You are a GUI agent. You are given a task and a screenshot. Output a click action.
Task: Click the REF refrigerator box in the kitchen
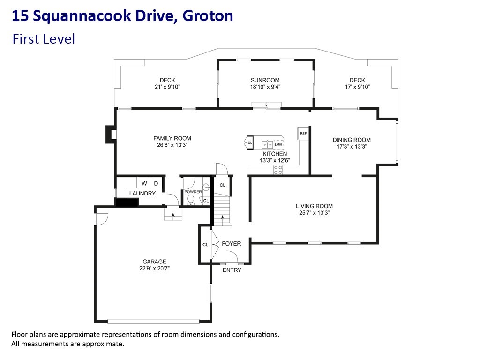(303, 134)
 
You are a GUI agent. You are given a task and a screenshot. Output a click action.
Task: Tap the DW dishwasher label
(278, 144)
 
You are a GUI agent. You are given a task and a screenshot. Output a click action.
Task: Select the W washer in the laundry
(144, 183)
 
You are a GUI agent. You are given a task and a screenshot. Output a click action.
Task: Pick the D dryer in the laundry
(156, 183)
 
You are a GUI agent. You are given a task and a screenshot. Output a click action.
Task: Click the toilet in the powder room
(191, 200)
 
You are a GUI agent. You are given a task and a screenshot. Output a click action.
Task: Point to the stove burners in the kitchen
(278, 170)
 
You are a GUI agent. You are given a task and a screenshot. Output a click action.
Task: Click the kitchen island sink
(267, 144)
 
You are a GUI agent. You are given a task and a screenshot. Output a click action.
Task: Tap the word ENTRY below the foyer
(232, 270)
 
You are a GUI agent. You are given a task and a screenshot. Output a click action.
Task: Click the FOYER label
(232, 244)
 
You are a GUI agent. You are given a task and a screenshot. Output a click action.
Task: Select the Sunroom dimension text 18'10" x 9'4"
(265, 87)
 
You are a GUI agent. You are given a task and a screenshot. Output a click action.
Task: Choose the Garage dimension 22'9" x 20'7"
(154, 269)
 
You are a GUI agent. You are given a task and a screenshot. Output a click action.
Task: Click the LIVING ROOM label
(314, 206)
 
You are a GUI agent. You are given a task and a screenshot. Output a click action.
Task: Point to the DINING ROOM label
(352, 140)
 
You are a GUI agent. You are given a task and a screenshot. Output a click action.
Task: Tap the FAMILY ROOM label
(172, 138)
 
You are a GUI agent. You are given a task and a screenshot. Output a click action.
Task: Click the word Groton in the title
(208, 16)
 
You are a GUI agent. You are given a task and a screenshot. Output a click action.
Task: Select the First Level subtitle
(44, 39)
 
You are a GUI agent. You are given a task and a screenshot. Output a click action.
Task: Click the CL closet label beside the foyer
(205, 245)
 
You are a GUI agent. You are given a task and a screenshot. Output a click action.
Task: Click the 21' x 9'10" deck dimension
(167, 87)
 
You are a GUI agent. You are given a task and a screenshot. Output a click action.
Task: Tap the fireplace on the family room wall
(111, 134)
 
